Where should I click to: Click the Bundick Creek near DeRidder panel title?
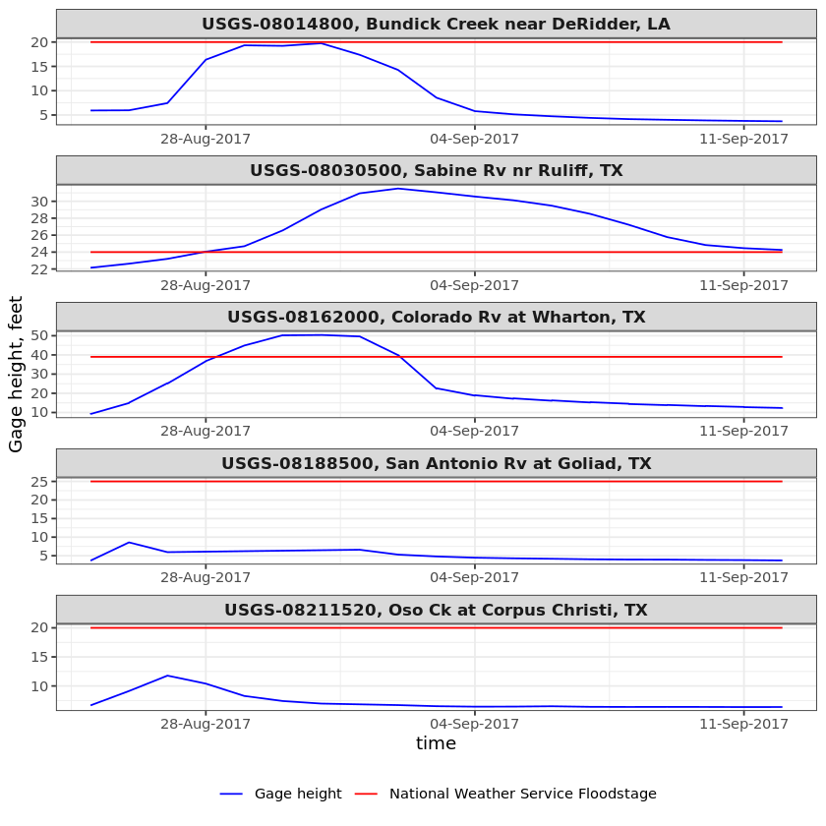coord(436,25)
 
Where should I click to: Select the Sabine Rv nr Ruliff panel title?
coord(436,171)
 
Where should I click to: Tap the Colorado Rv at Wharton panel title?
coord(436,318)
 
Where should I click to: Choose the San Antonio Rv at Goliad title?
coord(436,464)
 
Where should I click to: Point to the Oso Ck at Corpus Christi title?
coord(436,611)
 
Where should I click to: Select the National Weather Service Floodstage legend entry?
coord(522,795)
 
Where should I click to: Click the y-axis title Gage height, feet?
coord(17,374)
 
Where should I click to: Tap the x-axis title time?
coord(436,744)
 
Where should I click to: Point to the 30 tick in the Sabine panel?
coord(39,202)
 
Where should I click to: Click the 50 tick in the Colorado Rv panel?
coord(39,335)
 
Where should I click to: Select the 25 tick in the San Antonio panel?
coord(39,482)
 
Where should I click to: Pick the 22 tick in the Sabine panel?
coord(39,268)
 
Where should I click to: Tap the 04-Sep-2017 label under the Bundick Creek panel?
coord(474,140)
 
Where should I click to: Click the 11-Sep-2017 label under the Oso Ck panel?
coord(743,725)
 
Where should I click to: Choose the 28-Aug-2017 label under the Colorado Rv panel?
coord(206,432)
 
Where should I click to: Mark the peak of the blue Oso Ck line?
coord(167,676)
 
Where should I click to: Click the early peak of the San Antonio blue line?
coord(129,543)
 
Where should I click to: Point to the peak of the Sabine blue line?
coord(397,189)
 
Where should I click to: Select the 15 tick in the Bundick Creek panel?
coord(39,66)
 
